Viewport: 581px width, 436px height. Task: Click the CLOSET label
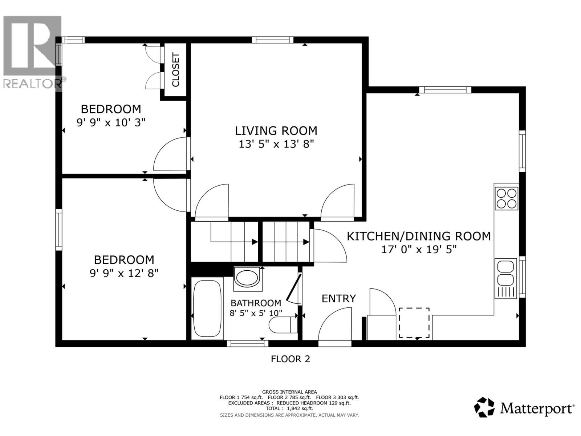click(176, 70)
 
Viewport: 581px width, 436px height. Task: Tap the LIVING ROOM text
click(276, 131)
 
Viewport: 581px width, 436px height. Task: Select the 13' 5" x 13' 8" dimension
click(276, 144)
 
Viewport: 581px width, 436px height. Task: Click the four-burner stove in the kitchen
click(507, 198)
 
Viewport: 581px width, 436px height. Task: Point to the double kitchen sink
click(505, 273)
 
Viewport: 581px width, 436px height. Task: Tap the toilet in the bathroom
click(283, 324)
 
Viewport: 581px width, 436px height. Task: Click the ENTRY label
click(338, 299)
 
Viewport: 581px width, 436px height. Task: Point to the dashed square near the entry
click(414, 323)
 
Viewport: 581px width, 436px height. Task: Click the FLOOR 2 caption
click(290, 359)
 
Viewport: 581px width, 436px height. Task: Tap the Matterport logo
click(524, 408)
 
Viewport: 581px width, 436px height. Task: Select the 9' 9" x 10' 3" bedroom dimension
click(111, 122)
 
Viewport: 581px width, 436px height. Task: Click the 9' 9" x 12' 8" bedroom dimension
click(124, 273)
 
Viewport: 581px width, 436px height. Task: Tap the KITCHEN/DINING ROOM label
click(419, 236)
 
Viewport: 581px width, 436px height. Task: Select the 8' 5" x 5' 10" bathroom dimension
click(256, 313)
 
